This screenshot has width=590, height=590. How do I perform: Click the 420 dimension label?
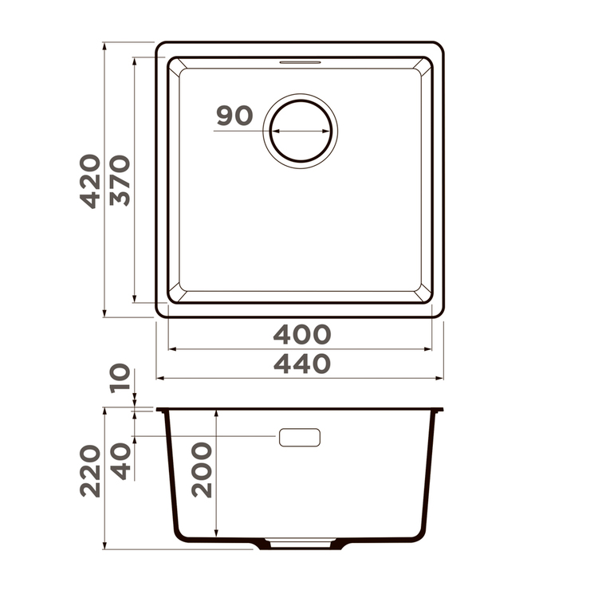tap(90, 181)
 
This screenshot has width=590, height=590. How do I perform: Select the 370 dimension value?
tap(120, 180)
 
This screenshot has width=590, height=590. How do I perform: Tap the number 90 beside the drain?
tap(234, 116)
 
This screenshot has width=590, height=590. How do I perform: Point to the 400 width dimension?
tap(301, 334)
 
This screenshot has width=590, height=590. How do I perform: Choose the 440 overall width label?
tap(301, 364)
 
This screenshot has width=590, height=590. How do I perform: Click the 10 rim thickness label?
tap(120, 378)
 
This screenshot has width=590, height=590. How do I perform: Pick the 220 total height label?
tap(90, 471)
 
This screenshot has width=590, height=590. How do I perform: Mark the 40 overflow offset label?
tap(120, 462)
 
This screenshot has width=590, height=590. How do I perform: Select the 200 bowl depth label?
tap(202, 470)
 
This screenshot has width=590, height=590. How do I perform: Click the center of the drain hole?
tap(301, 131)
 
